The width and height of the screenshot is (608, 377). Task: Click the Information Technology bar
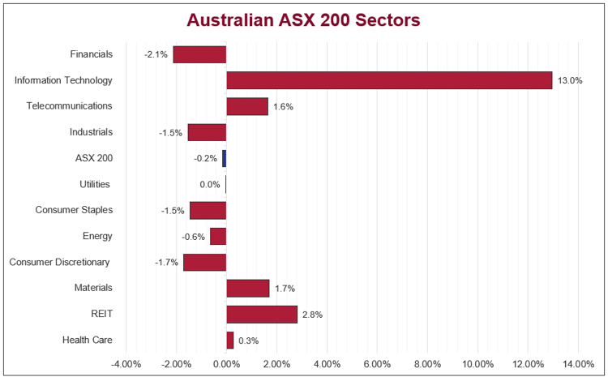[389, 80]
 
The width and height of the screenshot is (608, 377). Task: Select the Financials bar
[199, 54]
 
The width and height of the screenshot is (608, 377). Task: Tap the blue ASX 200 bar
[224, 158]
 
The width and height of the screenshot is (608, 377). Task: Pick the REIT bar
[262, 314]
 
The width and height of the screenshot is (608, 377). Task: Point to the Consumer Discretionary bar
[204, 262]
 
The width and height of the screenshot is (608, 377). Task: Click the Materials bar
[247, 288]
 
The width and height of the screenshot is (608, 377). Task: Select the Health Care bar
[230, 340]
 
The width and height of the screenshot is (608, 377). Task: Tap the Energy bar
[218, 236]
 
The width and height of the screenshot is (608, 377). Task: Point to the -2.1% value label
[156, 54]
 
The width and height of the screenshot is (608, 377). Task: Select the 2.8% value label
[312, 314]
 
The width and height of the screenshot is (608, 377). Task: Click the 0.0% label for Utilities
[210, 184]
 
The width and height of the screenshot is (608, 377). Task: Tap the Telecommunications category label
[69, 106]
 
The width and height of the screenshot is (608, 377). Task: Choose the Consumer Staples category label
[74, 210]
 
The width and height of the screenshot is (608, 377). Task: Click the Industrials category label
[92, 132]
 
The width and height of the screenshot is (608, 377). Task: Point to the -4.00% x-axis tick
[126, 363]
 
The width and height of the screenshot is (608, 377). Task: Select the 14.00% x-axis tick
[578, 363]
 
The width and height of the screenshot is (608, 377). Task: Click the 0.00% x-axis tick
[226, 363]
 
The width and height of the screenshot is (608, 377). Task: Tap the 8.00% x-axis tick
[427, 363]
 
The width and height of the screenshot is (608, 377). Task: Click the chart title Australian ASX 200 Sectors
[304, 19]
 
